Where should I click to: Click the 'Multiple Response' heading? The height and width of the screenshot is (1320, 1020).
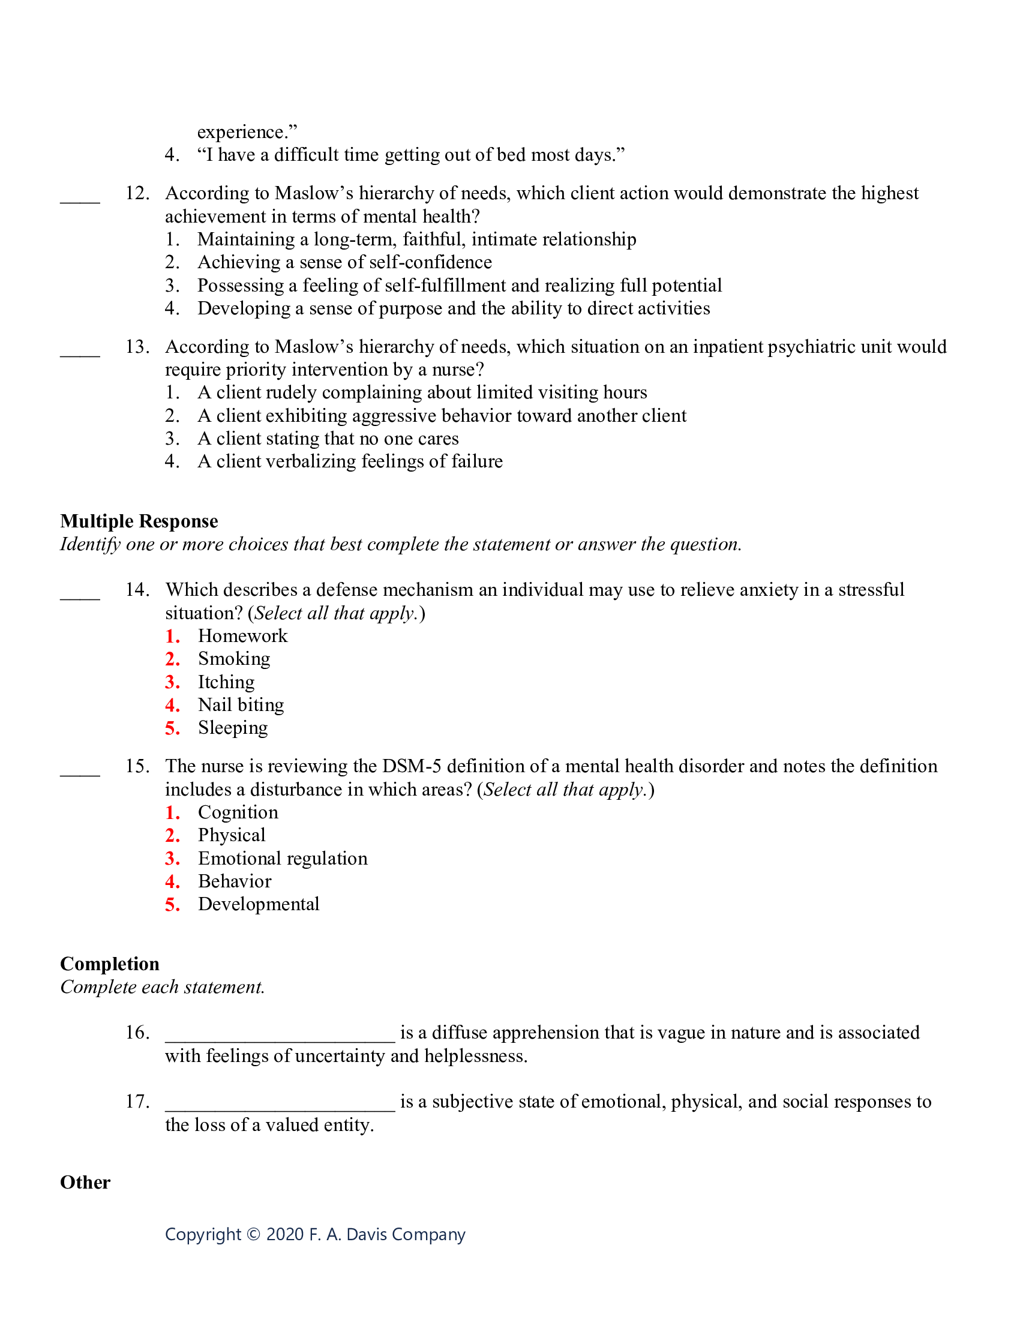pos(139,521)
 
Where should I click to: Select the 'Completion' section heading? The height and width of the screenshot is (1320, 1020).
pos(109,964)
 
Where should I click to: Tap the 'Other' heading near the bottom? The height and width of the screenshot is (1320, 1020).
pos(85,1182)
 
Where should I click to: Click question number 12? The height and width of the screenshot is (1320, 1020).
pos(137,193)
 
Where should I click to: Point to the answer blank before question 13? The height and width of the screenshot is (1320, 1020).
pos(80,353)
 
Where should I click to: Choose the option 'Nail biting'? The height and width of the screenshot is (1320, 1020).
pos(241,705)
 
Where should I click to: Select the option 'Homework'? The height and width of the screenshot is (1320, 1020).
pos(242,636)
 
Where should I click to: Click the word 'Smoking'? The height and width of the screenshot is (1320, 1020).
pos(234,659)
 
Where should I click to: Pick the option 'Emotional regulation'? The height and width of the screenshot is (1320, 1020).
pos(282,858)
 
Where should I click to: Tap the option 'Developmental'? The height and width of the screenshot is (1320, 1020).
pos(258,904)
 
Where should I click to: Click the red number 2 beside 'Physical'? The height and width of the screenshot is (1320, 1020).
pos(172,836)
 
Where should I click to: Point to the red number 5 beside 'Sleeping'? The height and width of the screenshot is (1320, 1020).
pos(172,728)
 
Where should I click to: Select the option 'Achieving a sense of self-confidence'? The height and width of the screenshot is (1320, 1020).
pos(344,262)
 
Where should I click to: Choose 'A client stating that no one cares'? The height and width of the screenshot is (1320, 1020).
pos(328,439)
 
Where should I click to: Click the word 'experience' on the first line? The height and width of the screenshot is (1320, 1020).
pos(241,133)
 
